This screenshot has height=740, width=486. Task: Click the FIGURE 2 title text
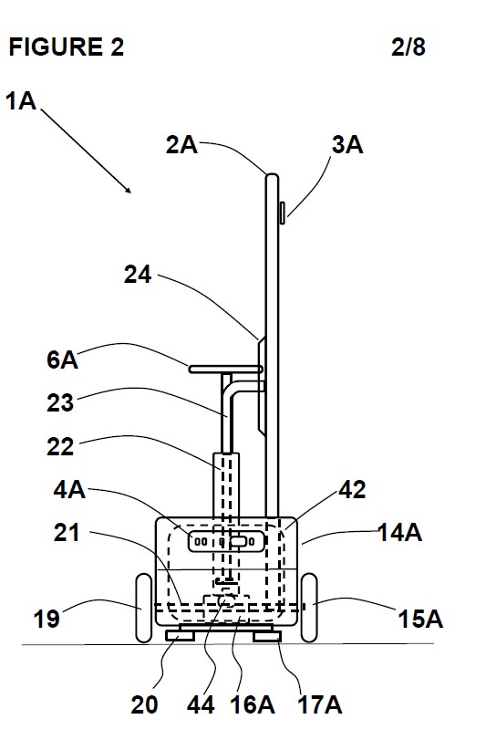67,47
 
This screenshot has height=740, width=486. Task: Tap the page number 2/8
408,47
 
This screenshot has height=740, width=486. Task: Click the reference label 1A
21,101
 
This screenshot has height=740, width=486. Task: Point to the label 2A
181,144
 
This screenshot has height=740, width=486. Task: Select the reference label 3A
347,144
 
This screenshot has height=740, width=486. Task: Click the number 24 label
138,275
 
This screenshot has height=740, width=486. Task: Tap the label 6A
63,360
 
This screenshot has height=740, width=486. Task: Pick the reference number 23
60,402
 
